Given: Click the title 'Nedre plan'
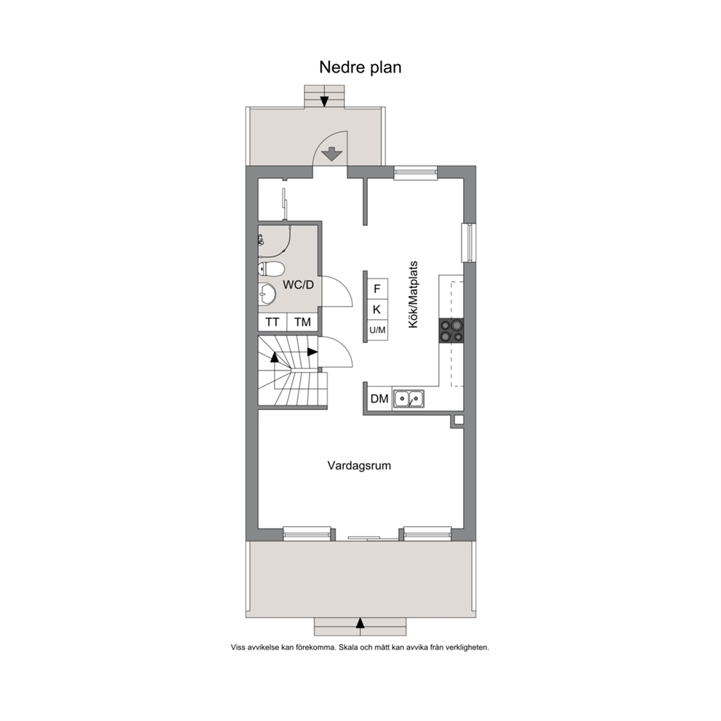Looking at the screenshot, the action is (x=360, y=68).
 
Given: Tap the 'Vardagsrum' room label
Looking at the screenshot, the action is (x=359, y=466).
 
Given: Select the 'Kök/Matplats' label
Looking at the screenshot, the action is (x=414, y=295).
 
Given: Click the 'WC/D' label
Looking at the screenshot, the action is (x=298, y=285).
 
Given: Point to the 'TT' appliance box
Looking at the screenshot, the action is (x=273, y=322).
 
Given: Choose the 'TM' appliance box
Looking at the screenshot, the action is (x=302, y=322).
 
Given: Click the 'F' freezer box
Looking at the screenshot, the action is (x=377, y=289).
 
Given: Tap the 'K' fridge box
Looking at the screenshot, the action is (x=377, y=310).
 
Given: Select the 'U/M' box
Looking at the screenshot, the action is (x=377, y=330).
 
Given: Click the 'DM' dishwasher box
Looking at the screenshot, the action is (x=379, y=399).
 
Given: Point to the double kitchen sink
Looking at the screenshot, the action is (x=408, y=399).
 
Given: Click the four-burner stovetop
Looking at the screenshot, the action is (x=451, y=331).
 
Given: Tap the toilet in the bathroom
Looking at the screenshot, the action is (x=271, y=268).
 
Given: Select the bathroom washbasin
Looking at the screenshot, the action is (x=267, y=294).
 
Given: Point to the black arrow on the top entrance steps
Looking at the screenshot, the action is (x=324, y=101).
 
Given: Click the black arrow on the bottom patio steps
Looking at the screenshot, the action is (x=360, y=623).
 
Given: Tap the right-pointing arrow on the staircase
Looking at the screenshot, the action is (x=313, y=353).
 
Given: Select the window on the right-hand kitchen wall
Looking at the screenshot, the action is (x=469, y=243).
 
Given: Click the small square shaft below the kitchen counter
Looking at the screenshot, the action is (x=459, y=419).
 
